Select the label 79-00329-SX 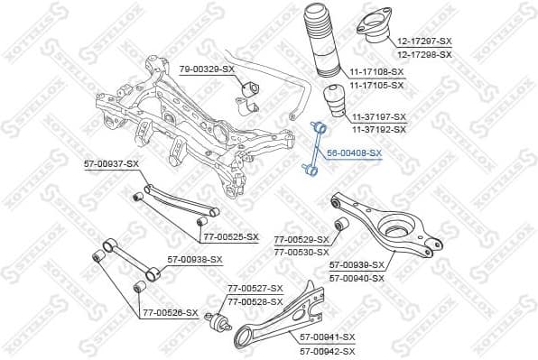(206, 69)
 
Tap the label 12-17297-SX (424, 42)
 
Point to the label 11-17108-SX (377, 70)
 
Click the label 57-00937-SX (111, 163)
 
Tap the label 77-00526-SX (169, 312)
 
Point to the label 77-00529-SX (301, 240)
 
